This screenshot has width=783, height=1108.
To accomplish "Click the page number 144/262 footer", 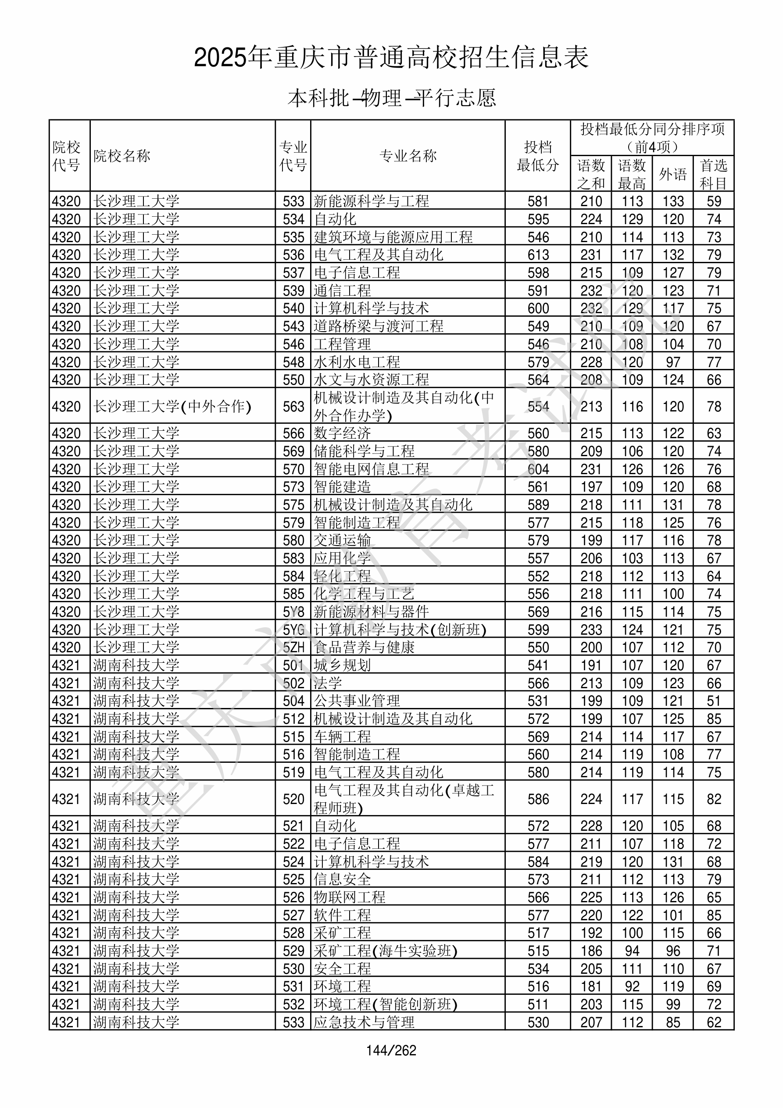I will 391,1050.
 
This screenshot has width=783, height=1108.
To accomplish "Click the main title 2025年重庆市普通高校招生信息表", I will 391,57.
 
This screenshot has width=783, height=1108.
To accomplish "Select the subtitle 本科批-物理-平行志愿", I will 391,98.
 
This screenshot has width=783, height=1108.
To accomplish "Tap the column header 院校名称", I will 122,156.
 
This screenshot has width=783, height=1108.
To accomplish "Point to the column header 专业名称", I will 408,156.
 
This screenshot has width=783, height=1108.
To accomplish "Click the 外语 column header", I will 672,174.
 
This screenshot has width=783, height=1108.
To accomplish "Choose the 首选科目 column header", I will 714,174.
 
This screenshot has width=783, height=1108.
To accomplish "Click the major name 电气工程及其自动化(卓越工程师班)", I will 404,799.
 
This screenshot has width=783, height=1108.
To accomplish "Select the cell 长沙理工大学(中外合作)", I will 172,406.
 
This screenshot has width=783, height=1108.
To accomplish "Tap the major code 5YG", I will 293,630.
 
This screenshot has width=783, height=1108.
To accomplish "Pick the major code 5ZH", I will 293,647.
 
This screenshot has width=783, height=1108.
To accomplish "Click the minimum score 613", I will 538,255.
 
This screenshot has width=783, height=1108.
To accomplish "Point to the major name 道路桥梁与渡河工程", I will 379,326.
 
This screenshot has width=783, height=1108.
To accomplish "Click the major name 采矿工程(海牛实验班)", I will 385,951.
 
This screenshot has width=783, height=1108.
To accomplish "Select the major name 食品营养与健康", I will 364,647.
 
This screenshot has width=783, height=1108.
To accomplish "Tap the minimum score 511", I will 538,1004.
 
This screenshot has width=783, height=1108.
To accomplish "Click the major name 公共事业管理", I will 357,701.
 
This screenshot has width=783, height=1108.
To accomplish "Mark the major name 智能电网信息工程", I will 371,469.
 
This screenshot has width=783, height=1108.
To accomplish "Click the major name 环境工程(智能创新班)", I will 385,1004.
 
